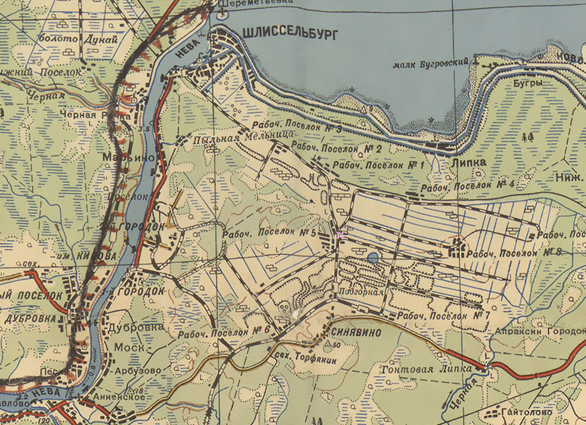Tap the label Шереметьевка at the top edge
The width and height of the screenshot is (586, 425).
coord(256,2)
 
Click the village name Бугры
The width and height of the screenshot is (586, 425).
coord(527,83)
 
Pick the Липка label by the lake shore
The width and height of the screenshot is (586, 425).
coord(469,162)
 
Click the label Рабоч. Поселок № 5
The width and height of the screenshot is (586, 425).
coord(269,233)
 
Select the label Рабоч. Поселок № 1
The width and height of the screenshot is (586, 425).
coord(378,165)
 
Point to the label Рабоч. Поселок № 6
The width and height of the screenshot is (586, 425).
coord(224,331)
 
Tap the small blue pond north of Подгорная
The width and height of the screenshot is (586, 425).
coord(373,257)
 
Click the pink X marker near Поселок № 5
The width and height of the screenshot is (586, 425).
coord(340,235)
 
